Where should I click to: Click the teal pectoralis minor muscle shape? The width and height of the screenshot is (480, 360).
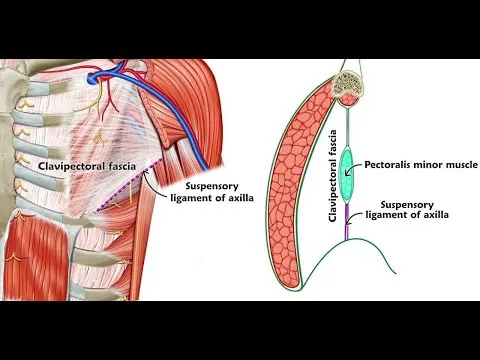pyautogui.click(x=347, y=172)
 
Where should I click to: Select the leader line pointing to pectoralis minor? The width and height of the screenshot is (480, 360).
pyautogui.click(x=361, y=165)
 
